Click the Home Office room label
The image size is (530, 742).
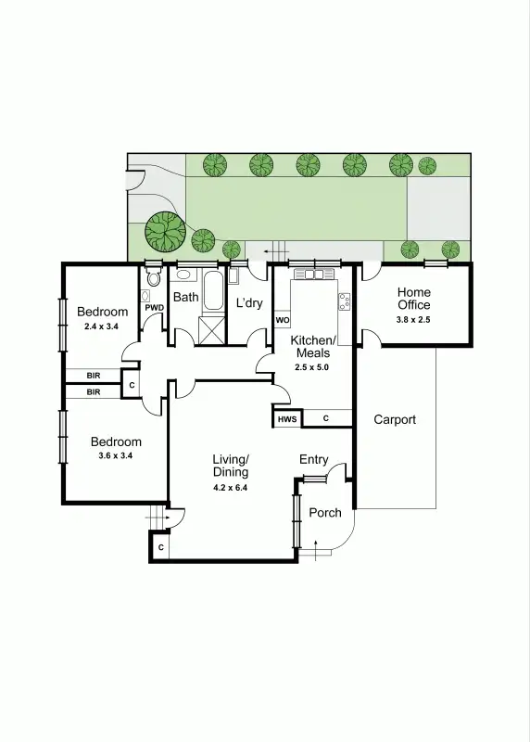414,299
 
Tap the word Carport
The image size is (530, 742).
395,419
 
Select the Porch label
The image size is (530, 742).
324,513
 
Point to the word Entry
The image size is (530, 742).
313,460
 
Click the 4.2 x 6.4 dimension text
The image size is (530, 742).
231,487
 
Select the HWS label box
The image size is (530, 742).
286,420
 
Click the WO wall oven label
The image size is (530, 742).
283,321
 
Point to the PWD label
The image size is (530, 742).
155,308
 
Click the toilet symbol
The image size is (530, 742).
154,278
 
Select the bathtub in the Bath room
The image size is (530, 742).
213,291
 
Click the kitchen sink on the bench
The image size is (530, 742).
313,275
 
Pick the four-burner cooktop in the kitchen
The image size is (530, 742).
345,301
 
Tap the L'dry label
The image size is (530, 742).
249,303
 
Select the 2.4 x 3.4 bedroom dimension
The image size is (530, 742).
102,326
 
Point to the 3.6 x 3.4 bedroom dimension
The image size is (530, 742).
116,455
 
